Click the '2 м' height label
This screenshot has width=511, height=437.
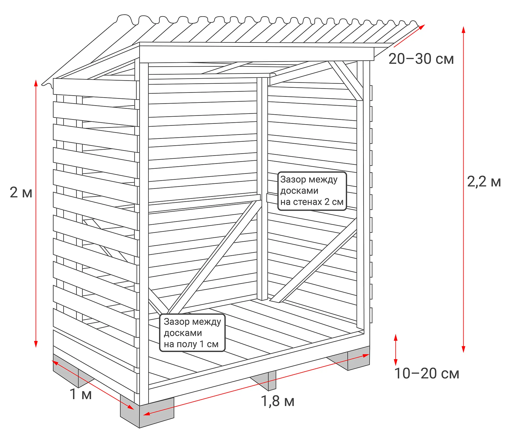(x=21, y=192)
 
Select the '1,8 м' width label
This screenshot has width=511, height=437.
(x=277, y=401)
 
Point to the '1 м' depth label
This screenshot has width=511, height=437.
(x=81, y=394)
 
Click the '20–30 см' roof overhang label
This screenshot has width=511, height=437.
(x=421, y=59)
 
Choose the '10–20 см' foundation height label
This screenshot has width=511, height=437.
(x=427, y=373)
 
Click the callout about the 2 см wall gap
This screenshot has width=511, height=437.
(x=312, y=191)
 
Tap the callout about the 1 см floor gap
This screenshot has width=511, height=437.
(x=192, y=333)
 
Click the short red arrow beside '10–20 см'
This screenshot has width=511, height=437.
(x=395, y=350)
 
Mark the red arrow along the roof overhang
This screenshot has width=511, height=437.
(x=409, y=36)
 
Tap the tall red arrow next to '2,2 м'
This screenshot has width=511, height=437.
(x=463, y=190)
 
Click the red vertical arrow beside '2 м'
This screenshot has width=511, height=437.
(x=36, y=213)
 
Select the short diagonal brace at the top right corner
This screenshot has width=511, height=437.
(x=345, y=81)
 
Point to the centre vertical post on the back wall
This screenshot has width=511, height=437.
(x=262, y=188)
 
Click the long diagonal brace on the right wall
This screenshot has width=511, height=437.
(x=313, y=260)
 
